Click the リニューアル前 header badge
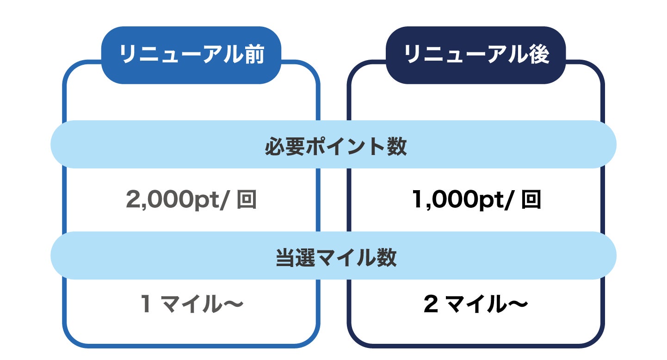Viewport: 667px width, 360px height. [191, 55]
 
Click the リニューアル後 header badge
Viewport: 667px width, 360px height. [476, 55]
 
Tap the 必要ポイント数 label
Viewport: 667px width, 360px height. [336, 148]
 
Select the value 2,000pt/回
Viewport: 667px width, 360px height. [191, 200]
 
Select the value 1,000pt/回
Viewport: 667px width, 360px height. [476, 200]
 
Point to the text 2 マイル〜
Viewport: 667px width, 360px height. [476, 304]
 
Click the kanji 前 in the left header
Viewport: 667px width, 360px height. [253, 55]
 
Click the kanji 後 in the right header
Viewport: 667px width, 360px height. [537, 55]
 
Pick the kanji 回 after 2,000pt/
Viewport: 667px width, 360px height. [246, 200]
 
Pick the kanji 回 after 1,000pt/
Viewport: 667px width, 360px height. [531, 200]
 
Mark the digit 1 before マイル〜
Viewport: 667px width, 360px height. [146, 304]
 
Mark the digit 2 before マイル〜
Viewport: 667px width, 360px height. [431, 304]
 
